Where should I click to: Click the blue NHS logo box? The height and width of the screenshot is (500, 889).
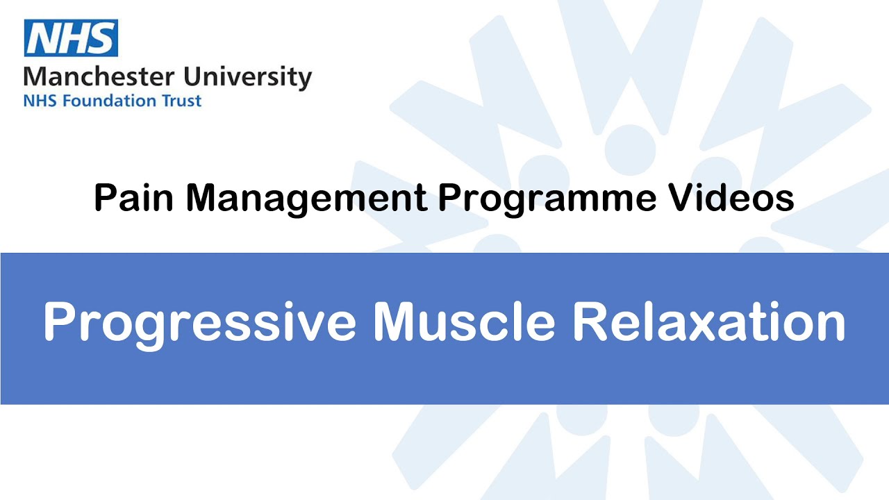[71, 38]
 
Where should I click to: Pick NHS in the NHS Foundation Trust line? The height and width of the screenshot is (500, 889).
[38, 101]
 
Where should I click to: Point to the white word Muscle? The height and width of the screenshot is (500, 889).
[464, 321]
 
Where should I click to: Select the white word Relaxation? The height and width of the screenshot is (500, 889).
[708, 321]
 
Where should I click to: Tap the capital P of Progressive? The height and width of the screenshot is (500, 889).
[59, 321]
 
